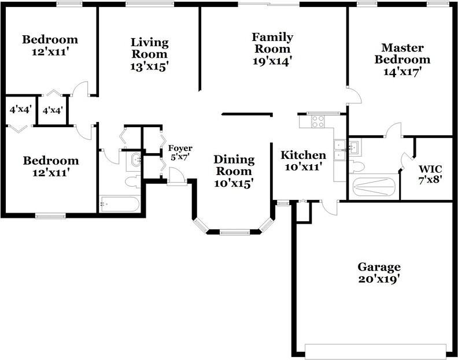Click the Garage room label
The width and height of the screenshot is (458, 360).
click(x=379, y=267)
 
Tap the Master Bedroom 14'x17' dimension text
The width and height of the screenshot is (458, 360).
click(x=402, y=72)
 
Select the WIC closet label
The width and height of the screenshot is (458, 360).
click(x=430, y=169)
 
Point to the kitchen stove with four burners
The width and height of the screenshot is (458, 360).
click(x=318, y=122)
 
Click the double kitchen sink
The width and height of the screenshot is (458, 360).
click(x=339, y=150)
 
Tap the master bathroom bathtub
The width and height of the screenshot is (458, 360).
click(x=374, y=187)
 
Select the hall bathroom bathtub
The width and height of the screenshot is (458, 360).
click(x=120, y=204)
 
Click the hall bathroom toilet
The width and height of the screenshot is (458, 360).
click(x=133, y=182)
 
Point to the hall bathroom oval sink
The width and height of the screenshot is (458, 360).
click(x=136, y=160)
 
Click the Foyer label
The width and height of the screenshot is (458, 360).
click(x=180, y=148)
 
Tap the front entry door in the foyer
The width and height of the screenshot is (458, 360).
click(x=176, y=176)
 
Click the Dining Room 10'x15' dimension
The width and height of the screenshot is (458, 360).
click(x=234, y=183)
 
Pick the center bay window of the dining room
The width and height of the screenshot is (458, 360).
click(x=235, y=232)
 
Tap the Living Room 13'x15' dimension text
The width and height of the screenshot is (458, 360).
click(x=150, y=66)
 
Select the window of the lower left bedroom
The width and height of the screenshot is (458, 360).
click(x=50, y=216)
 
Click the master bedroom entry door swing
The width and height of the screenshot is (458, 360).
click(x=355, y=95)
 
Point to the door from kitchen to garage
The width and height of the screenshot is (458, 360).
click(x=330, y=208)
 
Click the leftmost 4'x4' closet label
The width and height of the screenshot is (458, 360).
click(x=21, y=110)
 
